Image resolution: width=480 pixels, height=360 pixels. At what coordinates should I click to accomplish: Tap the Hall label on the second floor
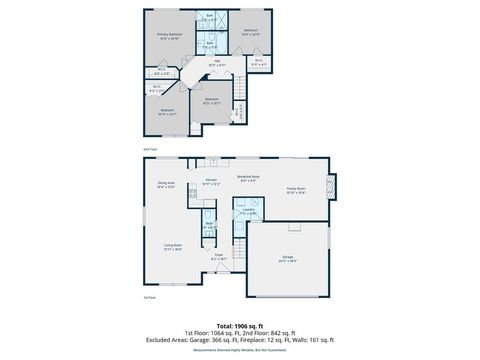pos(213,62)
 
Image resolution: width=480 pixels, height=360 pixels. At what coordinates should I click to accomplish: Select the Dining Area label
pos(166,185)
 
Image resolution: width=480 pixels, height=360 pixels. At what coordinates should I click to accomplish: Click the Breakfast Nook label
pos(247,179)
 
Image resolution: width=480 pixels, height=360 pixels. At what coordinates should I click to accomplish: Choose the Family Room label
pos(297,189)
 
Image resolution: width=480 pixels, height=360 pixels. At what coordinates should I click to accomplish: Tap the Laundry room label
pos(248,212)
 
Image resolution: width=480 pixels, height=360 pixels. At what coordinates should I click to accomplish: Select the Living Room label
pos(173,248)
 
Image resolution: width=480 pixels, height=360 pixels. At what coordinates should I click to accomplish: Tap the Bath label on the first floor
pos(210,225)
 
